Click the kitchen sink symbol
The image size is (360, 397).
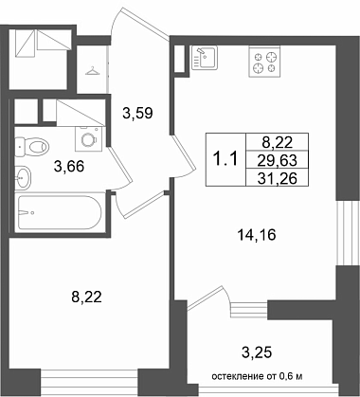point(205,57)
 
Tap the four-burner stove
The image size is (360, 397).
point(264,62)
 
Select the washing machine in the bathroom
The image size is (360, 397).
point(89,138)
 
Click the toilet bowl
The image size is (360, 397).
point(31,147)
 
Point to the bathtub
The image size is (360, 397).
point(60,212)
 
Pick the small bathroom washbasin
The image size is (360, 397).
point(23,177)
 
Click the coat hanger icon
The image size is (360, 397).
point(93,70)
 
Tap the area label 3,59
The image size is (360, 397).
point(138,113)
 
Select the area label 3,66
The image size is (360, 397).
point(69,166)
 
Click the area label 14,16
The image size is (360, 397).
point(257,235)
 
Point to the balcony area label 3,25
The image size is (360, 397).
point(257,352)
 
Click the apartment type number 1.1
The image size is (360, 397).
point(225,159)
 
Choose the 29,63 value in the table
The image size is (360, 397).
point(278,161)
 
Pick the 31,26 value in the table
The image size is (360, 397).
point(278,179)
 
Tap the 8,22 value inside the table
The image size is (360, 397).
point(278,143)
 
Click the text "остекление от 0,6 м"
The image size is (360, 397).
point(257,376)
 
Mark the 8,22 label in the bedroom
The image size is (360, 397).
point(86,298)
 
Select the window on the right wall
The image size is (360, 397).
point(344,233)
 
